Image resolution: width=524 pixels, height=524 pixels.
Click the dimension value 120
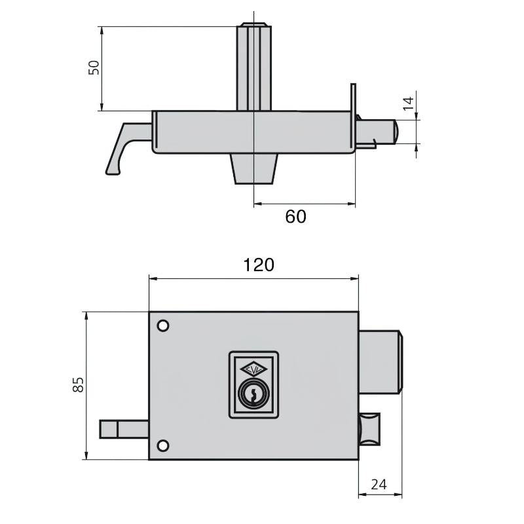click(x=258, y=265)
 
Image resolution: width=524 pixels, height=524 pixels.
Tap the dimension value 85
click(x=78, y=384)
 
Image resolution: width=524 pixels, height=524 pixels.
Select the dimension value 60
click(x=295, y=216)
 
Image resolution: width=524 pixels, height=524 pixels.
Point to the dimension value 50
click(x=94, y=67)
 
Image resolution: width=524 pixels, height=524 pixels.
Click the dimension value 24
click(x=379, y=485)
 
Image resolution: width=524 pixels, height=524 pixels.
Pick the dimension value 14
click(x=407, y=103)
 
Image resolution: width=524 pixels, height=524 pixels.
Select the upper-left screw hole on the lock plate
click(x=162, y=326)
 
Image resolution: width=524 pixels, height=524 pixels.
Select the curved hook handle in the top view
click(x=124, y=147)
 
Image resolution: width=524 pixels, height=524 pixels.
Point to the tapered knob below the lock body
click(x=253, y=169)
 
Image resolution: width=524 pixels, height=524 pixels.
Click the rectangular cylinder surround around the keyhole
click(x=253, y=384)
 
